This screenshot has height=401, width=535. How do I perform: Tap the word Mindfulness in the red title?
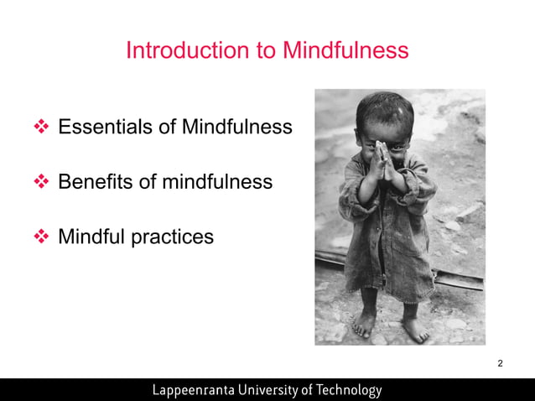(x=345, y=50)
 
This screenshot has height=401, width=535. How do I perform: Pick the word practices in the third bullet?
(x=173, y=237)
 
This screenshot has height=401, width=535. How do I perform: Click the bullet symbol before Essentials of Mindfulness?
(x=42, y=128)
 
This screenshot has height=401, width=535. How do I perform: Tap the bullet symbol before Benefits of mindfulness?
(x=42, y=182)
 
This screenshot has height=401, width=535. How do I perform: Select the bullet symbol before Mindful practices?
(x=42, y=237)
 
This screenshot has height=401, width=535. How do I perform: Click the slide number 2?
(x=500, y=363)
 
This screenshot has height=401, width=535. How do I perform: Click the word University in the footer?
(x=277, y=390)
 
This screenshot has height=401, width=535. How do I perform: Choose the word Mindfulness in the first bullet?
(x=237, y=127)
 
